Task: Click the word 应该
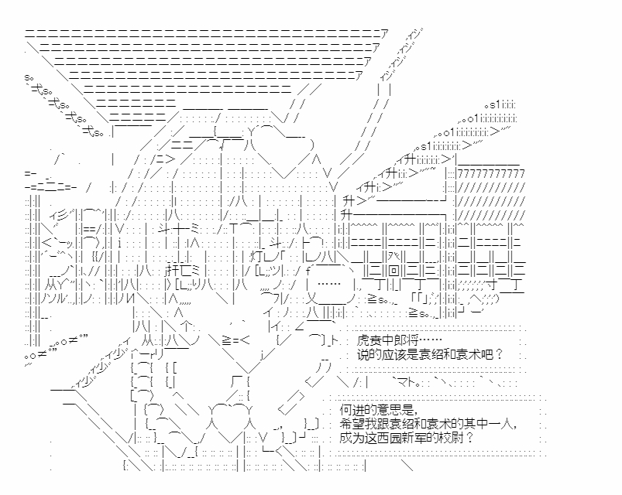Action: click(393, 353)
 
